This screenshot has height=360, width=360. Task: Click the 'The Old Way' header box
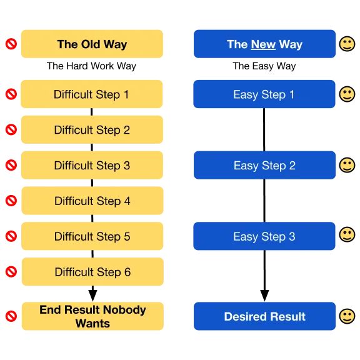click(92, 44)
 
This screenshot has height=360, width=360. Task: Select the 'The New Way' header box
click(264, 44)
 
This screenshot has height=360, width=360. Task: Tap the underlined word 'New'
click(263, 44)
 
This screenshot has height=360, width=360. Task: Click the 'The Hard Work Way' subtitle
click(91, 66)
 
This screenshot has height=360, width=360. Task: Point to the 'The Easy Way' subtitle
click(264, 66)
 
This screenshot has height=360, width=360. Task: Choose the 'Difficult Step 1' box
click(92, 94)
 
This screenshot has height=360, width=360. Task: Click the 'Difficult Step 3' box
click(92, 165)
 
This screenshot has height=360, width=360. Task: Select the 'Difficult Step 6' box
click(92, 272)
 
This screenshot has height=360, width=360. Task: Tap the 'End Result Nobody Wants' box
click(92, 316)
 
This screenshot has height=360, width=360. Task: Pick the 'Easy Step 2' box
click(264, 165)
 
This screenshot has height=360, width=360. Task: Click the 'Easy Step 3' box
click(264, 236)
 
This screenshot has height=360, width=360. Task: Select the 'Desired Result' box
click(264, 316)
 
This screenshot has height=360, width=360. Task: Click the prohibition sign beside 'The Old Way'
click(11, 44)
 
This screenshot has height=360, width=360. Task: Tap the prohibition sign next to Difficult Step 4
click(11, 201)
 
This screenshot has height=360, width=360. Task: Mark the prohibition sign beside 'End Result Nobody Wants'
click(11, 316)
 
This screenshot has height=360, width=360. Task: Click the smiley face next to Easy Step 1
click(347, 94)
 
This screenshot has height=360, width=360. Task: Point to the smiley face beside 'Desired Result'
click(347, 316)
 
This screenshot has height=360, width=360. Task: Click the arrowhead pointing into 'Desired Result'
click(264, 296)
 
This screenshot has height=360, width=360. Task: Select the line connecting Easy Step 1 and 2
click(264, 129)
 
